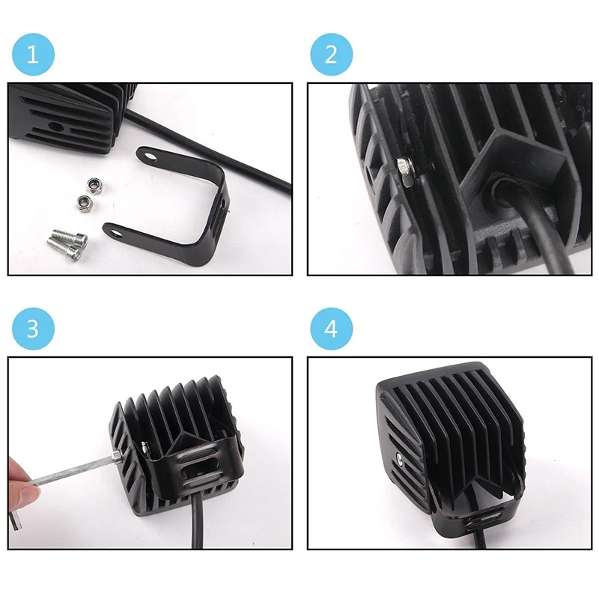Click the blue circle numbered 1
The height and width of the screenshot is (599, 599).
point(33,54)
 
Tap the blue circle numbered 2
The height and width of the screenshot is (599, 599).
point(331,54)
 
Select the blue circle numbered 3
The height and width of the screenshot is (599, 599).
point(33,329)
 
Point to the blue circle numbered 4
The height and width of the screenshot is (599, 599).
point(331,329)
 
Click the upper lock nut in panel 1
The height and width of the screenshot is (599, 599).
point(93,186)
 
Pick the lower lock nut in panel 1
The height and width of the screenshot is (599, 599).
point(82,202)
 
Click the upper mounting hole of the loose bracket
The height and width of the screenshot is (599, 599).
point(151,156)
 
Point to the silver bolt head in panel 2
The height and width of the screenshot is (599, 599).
point(405,172)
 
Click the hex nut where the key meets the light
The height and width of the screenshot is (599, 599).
point(117,457)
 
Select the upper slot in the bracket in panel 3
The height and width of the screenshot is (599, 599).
point(198,456)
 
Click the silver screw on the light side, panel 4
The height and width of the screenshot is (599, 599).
point(400,460)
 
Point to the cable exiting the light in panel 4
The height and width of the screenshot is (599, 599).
point(480,538)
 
